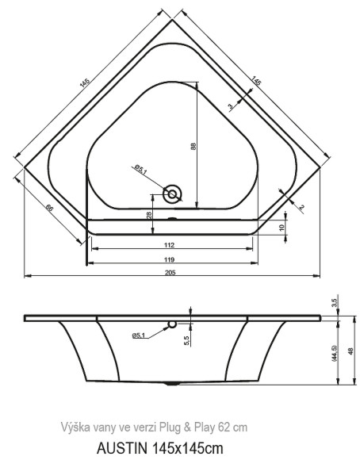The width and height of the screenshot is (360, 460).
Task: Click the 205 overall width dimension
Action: point(170,272)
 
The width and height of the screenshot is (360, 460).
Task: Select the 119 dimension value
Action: point(170,259)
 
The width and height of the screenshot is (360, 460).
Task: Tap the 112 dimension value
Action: point(170,245)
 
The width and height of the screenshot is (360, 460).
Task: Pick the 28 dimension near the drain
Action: point(149,215)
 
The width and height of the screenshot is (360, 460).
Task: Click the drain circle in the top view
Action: point(172,193)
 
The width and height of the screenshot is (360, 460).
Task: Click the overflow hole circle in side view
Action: point(170,325)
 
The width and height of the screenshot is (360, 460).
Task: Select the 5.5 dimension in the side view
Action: point(187,339)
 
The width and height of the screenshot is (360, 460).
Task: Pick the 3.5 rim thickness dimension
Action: point(335,302)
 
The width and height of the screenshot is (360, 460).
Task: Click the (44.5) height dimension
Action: point(335,351)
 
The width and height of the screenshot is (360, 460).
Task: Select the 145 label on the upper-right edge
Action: point(259,81)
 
